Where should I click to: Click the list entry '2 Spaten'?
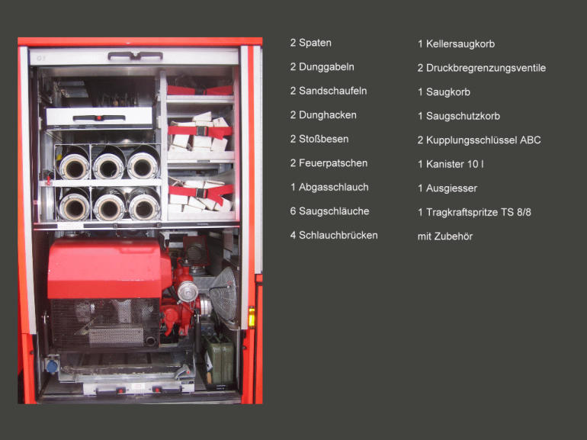[311, 43]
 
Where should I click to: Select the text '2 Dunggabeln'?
[322, 67]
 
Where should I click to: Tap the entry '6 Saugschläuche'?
[329, 211]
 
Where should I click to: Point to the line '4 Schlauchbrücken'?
[334, 235]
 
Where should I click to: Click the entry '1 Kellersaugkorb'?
[456, 43]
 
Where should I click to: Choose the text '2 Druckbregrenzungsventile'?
[482, 68]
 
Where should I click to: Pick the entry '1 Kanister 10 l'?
[451, 164]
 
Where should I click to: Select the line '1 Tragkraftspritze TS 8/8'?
[474, 212]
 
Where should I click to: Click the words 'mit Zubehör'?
[444, 236]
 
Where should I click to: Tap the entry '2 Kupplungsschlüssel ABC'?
[479, 140]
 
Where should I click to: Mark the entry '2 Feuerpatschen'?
[329, 163]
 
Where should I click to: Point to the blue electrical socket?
[52, 366]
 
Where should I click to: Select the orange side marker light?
[252, 316]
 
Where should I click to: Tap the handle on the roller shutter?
[135, 56]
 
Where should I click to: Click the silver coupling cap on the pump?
[188, 291]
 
